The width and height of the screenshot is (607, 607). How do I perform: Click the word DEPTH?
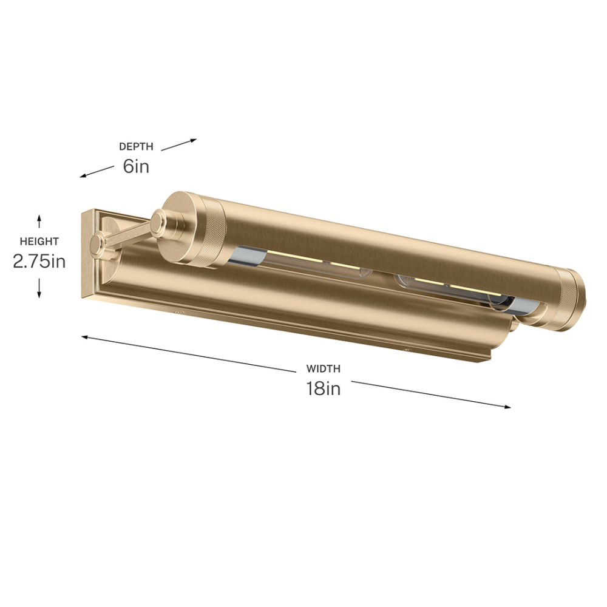(x=136, y=146)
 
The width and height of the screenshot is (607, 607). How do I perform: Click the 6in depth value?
(x=136, y=166)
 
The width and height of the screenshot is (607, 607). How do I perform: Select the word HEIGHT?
(x=39, y=241)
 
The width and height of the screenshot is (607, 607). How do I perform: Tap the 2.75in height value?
(x=39, y=261)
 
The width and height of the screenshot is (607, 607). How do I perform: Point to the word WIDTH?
(x=324, y=368)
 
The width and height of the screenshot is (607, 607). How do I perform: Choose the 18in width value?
(x=324, y=388)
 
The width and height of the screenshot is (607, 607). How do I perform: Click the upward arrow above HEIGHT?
(x=39, y=222)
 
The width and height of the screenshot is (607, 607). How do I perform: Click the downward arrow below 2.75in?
(x=39, y=288)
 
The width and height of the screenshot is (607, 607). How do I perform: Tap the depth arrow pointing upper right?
(x=179, y=145)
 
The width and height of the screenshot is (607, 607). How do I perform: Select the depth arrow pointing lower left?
(x=97, y=172)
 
